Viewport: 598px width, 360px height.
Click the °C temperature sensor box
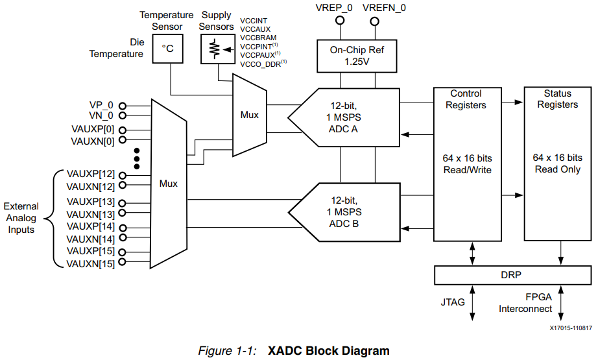pyautogui.click(x=168, y=49)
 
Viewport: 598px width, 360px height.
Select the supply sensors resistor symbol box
pyautogui.click(x=216, y=49)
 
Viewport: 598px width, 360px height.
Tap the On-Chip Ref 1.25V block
pyautogui.click(x=357, y=55)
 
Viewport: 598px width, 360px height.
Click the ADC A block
pyautogui.click(x=344, y=117)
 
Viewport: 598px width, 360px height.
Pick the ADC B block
pyautogui.click(x=344, y=211)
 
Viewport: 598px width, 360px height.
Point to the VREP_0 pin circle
pyautogui.click(x=339, y=21)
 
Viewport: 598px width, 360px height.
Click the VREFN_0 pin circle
pyautogui.click(x=375, y=21)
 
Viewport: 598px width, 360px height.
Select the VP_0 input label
pyautogui.click(x=101, y=105)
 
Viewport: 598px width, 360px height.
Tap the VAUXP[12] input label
pyautogui.click(x=90, y=174)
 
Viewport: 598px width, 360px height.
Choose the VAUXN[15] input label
pyautogui.click(x=90, y=263)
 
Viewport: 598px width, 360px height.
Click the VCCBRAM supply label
pyautogui.click(x=258, y=38)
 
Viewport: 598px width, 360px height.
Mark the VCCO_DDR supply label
pyautogui.click(x=261, y=64)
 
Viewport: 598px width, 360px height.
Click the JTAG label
pyautogui.click(x=452, y=302)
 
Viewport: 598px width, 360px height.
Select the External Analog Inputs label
pyautogui.click(x=22, y=218)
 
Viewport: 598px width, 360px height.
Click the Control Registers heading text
pyautogui.click(x=466, y=99)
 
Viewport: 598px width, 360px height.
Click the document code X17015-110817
pyautogui.click(x=571, y=328)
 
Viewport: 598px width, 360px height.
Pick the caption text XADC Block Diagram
pyautogui.click(x=329, y=351)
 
